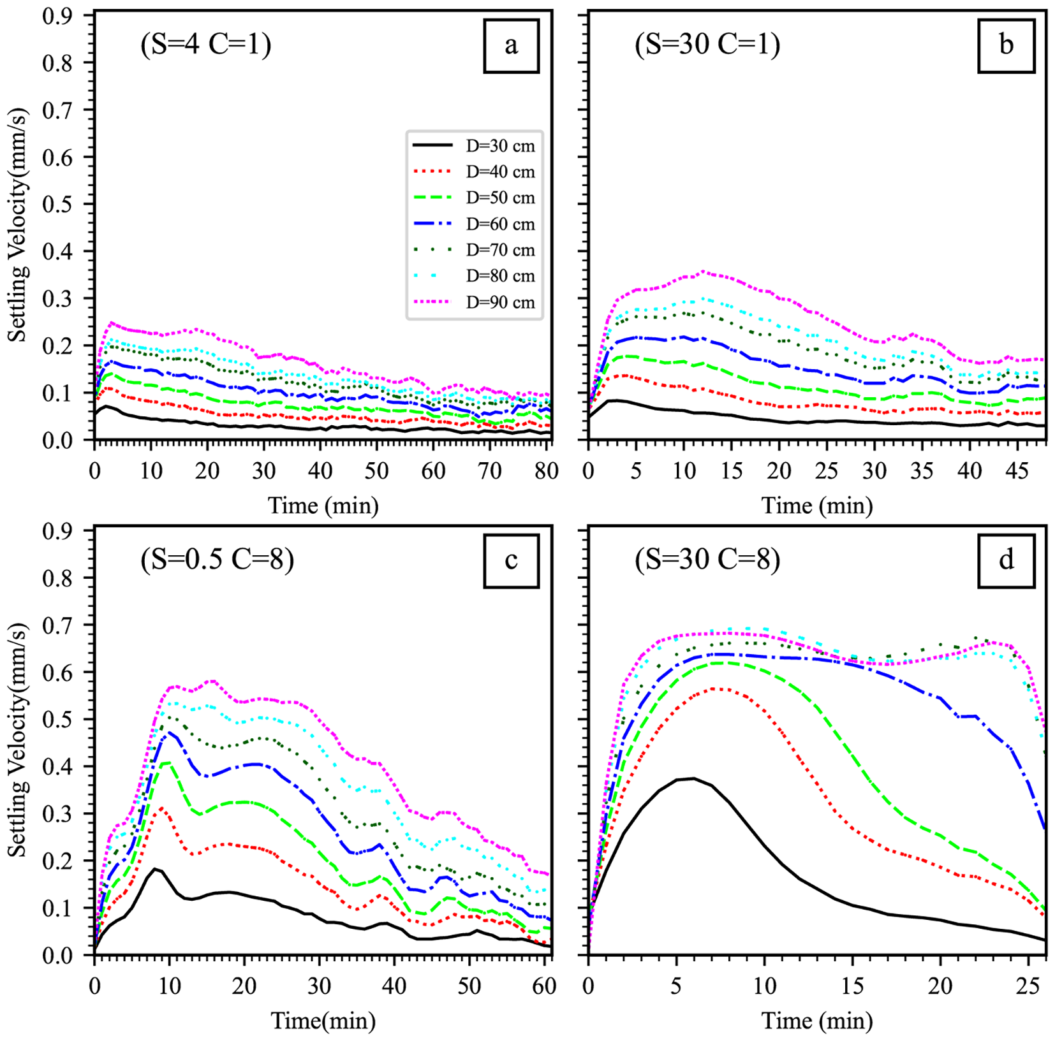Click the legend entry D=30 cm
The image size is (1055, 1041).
tap(500, 146)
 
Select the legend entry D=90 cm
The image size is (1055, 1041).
tap(500, 302)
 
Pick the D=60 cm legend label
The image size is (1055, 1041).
tap(500, 224)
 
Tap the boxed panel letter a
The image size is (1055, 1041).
tap(511, 46)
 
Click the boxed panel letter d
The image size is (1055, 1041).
tap(1006, 560)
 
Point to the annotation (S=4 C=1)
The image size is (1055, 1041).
tap(206, 45)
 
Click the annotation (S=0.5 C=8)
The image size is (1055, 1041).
tap(217, 560)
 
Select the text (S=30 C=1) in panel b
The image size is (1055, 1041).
tap(707, 45)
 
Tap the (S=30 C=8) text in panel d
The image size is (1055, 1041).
tap(707, 560)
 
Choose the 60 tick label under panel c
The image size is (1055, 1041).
tap(544, 987)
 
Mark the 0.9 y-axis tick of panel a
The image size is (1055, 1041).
tap(57, 15)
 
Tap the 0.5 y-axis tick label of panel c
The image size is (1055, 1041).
tap(57, 720)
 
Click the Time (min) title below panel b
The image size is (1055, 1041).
tap(817, 506)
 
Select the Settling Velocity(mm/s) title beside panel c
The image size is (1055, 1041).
tap(18, 739)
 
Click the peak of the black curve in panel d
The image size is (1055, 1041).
tap(693, 778)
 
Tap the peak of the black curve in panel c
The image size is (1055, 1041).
tap(154, 869)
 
